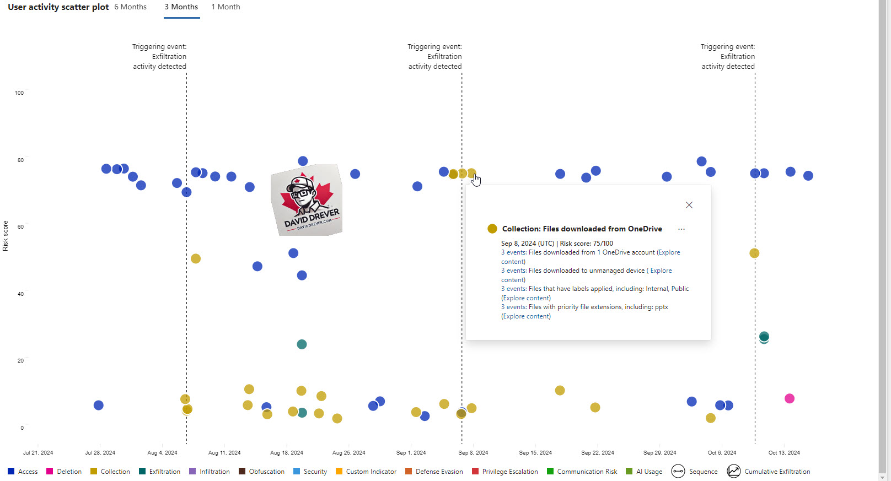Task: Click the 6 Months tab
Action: (131, 7)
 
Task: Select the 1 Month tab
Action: (226, 7)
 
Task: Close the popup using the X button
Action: (689, 205)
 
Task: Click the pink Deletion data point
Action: (790, 398)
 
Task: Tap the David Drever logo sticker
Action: (307, 200)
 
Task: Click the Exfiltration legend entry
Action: (159, 472)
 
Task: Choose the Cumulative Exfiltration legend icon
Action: (734, 472)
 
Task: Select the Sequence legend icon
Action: (678, 472)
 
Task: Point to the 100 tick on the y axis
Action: (19, 93)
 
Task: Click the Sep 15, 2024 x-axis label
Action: (535, 453)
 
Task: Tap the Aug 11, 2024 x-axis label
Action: (224, 453)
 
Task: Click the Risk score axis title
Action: (6, 236)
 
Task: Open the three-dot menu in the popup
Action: (681, 229)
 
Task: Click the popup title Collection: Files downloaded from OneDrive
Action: (582, 229)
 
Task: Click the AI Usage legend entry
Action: (644, 472)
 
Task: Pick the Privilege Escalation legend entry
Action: (504, 472)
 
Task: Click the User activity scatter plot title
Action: (58, 7)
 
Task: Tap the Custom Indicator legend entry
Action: (366, 472)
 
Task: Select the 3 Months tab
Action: (181, 7)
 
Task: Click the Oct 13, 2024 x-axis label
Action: (784, 453)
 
